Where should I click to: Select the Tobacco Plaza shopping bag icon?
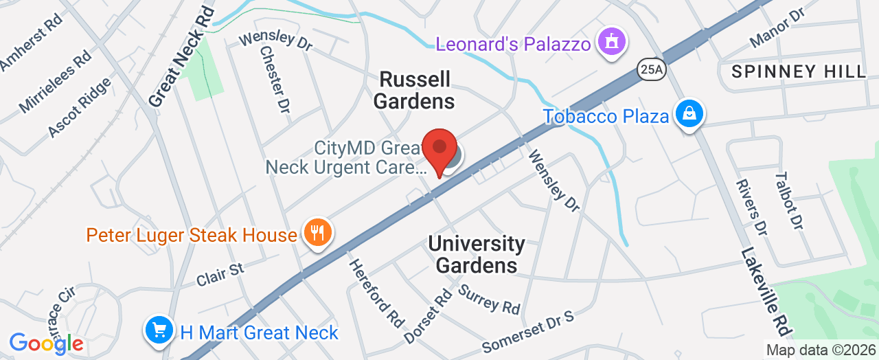[x=687, y=115]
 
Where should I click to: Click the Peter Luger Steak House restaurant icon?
[x=317, y=233]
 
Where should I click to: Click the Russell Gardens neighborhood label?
[x=415, y=90]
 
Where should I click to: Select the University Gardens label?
[x=477, y=254]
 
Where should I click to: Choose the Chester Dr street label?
[x=274, y=78]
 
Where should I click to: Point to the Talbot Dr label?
[x=788, y=200]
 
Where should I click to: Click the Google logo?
[x=46, y=343]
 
